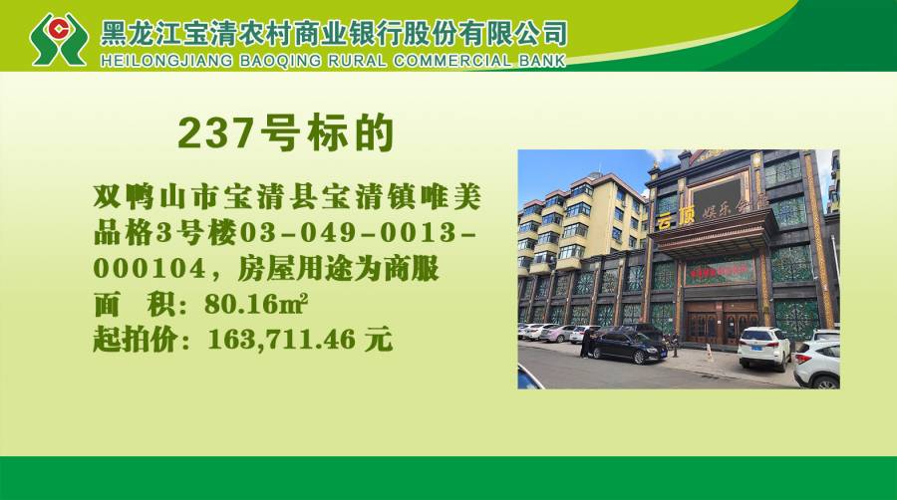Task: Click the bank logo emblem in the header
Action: coord(59,39)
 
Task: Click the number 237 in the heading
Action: coord(215,133)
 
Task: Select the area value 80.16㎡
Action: coord(256,304)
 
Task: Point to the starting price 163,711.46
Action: coord(281,340)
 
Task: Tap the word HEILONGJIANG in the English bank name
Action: coord(166,61)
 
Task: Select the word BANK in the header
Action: coord(542,61)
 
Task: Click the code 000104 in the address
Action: coord(149,268)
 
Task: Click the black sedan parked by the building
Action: coord(628,346)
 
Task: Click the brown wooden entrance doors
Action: coord(722,324)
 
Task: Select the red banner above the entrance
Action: coord(720,270)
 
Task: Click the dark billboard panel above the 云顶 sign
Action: coord(717,196)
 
